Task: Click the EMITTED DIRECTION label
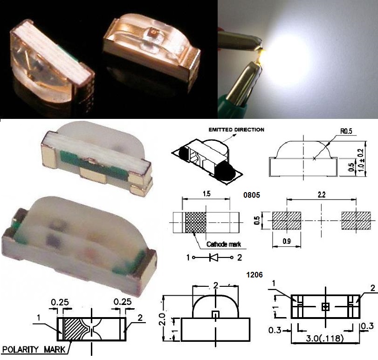tap(236, 130)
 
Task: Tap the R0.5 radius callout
tap(346, 131)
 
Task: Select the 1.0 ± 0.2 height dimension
tap(361, 160)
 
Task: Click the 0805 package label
tap(252, 195)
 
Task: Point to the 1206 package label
tap(254, 275)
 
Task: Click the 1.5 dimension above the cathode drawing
tap(206, 194)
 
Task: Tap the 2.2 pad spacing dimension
tap(322, 194)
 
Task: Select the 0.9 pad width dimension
tap(286, 241)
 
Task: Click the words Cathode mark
tap(223, 244)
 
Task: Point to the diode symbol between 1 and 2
tap(213, 257)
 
